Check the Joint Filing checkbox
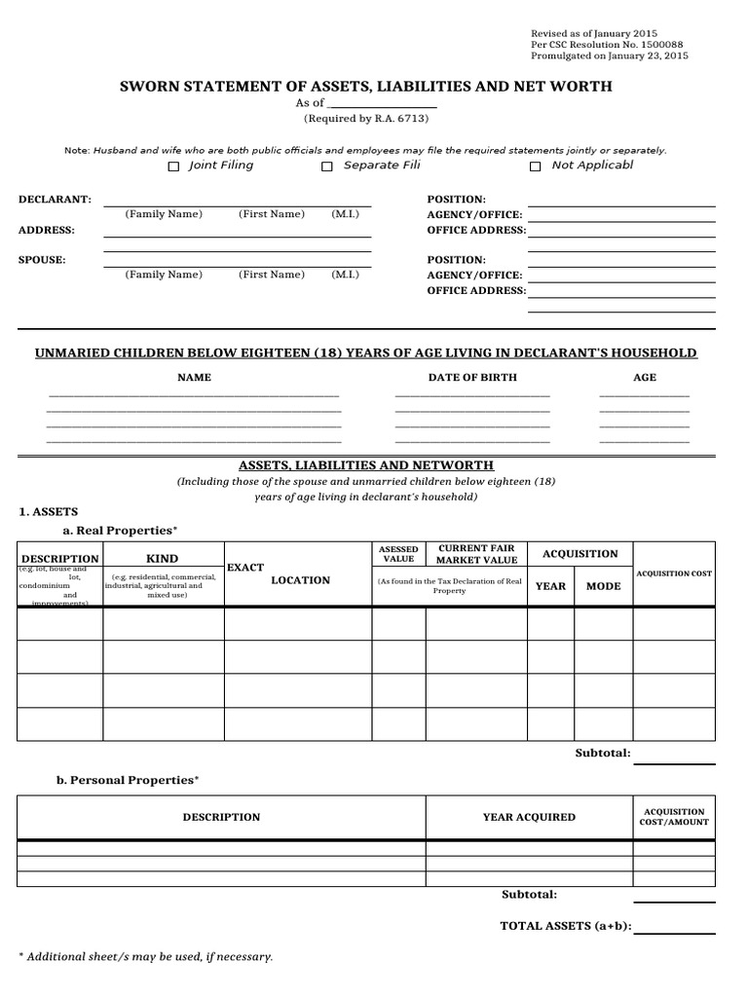tap(173, 166)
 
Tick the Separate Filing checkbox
tap(327, 166)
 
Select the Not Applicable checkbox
tap(535, 166)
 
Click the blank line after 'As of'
tap(382, 103)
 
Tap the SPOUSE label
tap(43, 260)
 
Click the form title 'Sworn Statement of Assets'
tap(365, 87)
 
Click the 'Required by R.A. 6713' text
tap(365, 119)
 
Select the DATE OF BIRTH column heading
tap(472, 377)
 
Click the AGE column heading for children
tap(644, 377)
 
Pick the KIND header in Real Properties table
tap(162, 559)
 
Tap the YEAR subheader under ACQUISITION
tap(550, 586)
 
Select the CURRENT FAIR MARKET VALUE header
tap(476, 554)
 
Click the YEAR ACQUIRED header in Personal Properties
tap(529, 817)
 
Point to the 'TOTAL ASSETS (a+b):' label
tap(565, 926)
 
